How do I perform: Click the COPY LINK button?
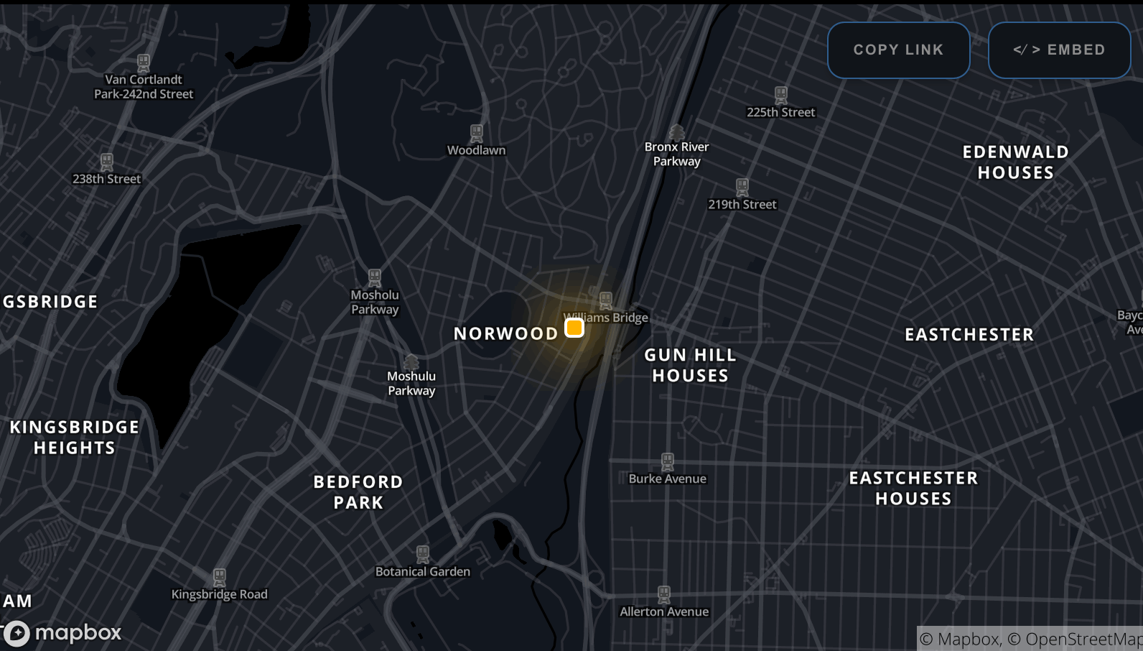point(898,50)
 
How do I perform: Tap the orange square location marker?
point(574,328)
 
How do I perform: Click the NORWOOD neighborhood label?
point(505,333)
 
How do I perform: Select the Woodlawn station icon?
point(477,133)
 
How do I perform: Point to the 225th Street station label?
point(780,112)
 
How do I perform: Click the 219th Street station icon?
point(742,187)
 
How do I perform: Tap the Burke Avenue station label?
point(667,479)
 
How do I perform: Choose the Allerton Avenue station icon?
point(664,594)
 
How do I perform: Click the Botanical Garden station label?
point(422,571)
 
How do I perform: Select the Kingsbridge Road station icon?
point(220,577)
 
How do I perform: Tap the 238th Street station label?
point(106,179)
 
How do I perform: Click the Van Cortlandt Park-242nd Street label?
point(144,87)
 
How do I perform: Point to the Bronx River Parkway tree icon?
point(676,131)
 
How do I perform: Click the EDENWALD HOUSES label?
point(1015,162)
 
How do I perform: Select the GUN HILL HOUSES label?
point(690,365)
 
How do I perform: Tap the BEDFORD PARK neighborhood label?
point(358,492)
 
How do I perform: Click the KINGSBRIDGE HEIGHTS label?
point(75,438)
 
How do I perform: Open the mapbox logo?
point(63,633)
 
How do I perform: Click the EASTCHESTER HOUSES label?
point(913,488)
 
